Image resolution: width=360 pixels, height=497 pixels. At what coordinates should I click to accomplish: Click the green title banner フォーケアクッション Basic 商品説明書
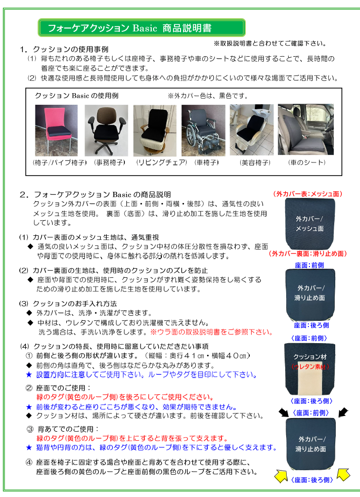click(142, 28)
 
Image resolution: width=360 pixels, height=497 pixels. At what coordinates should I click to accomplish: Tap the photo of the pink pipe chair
click(56, 130)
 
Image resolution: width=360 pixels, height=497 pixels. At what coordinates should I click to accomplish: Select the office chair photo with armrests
click(106, 130)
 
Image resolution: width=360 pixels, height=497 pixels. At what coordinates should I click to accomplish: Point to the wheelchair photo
click(203, 130)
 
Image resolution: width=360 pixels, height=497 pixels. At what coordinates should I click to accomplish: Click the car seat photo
click(306, 130)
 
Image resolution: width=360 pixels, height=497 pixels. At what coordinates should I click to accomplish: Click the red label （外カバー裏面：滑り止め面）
click(308, 254)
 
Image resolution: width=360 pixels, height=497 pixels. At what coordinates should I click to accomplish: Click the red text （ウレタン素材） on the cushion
click(310, 366)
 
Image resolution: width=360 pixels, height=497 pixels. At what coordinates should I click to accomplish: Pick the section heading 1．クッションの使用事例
click(64, 50)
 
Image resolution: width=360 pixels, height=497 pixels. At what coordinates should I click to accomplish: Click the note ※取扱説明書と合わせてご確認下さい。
click(269, 43)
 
